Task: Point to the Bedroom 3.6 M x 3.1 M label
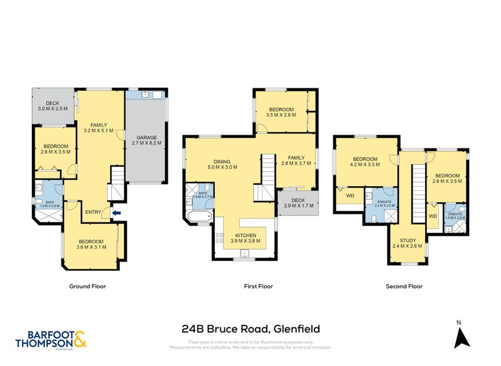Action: (x=91, y=244)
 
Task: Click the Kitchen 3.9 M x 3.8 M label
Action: (x=245, y=238)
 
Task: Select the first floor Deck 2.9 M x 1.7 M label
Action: (x=298, y=203)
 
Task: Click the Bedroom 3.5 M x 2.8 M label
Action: (x=280, y=112)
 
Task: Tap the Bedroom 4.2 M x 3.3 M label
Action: (x=364, y=162)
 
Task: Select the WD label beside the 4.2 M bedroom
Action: (x=350, y=196)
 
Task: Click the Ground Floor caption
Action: (x=87, y=286)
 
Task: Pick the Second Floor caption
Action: (x=404, y=286)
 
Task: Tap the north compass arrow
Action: (x=462, y=338)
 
